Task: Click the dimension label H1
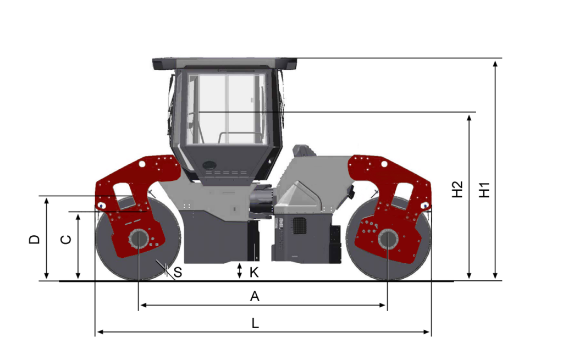[485, 190]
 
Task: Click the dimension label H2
[457, 190]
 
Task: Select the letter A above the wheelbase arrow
[255, 296]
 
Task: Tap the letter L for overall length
[255, 323]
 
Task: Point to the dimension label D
[35, 240]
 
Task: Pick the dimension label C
[66, 240]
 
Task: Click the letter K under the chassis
[254, 273]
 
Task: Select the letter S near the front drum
[178, 273]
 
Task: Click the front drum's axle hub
[138, 239]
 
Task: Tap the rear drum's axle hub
[388, 239]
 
